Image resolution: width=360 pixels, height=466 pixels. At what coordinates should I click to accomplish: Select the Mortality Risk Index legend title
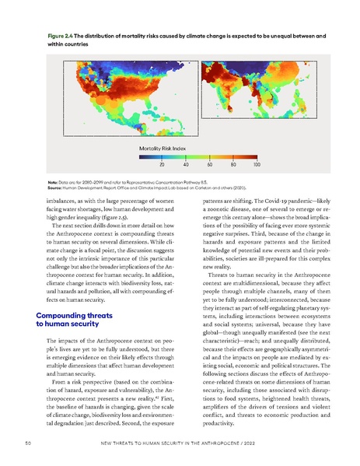[163, 147]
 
